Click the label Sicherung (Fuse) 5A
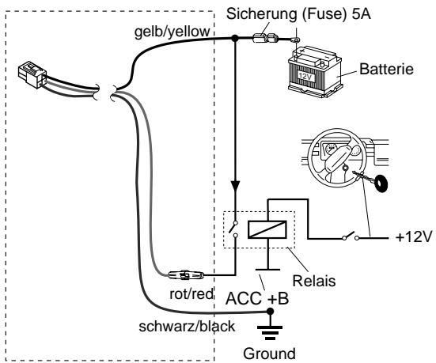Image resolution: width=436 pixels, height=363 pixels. pyautogui.click(x=298, y=13)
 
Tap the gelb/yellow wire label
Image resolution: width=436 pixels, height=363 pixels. pyautogui.click(x=173, y=32)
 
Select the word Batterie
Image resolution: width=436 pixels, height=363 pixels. pyautogui.click(x=386, y=69)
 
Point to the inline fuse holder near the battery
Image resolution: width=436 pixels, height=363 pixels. pyautogui.click(x=265, y=38)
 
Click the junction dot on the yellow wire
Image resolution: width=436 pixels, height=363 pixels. pyautogui.click(x=235, y=38)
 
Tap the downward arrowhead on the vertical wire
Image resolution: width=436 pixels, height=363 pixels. pyautogui.click(x=236, y=186)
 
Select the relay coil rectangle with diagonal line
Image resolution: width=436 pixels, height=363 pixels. pyautogui.click(x=267, y=229)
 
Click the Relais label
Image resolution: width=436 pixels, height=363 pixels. pyautogui.click(x=314, y=281)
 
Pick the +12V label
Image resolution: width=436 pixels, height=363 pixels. pyautogui.click(x=414, y=237)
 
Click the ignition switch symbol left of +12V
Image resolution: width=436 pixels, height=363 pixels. pyautogui.click(x=351, y=236)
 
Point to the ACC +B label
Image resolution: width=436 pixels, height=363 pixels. pyautogui.click(x=257, y=299)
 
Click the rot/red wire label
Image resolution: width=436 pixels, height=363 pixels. pyautogui.click(x=191, y=293)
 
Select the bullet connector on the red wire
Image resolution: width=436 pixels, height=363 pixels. pyautogui.click(x=186, y=275)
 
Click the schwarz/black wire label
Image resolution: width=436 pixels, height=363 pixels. pyautogui.click(x=187, y=327)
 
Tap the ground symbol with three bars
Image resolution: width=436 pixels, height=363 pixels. pyautogui.click(x=270, y=333)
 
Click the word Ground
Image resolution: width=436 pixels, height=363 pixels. pyautogui.click(x=270, y=354)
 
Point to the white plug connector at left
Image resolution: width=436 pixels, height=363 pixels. pyautogui.click(x=32, y=74)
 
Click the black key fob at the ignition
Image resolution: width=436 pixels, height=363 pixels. pyautogui.click(x=381, y=183)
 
